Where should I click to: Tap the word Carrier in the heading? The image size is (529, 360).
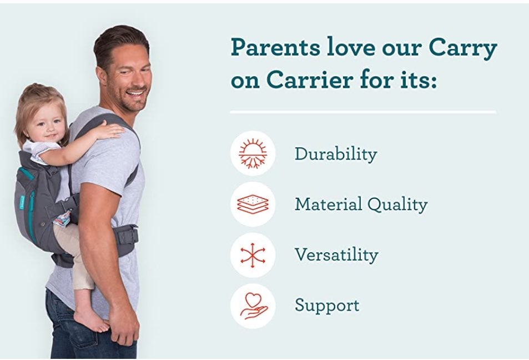point(310,80)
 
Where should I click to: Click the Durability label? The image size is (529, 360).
point(336,154)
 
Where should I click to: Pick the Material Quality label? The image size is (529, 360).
point(361,204)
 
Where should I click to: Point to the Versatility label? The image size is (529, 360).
point(336,254)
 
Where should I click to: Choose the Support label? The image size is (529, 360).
point(327,306)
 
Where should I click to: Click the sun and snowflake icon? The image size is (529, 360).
point(253,153)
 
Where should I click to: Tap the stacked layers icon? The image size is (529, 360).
point(253,204)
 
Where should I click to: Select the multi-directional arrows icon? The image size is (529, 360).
point(253,255)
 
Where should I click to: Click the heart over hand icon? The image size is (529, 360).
point(253,306)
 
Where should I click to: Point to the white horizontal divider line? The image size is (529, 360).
point(363,112)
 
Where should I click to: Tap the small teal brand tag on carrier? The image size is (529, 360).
point(22,202)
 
